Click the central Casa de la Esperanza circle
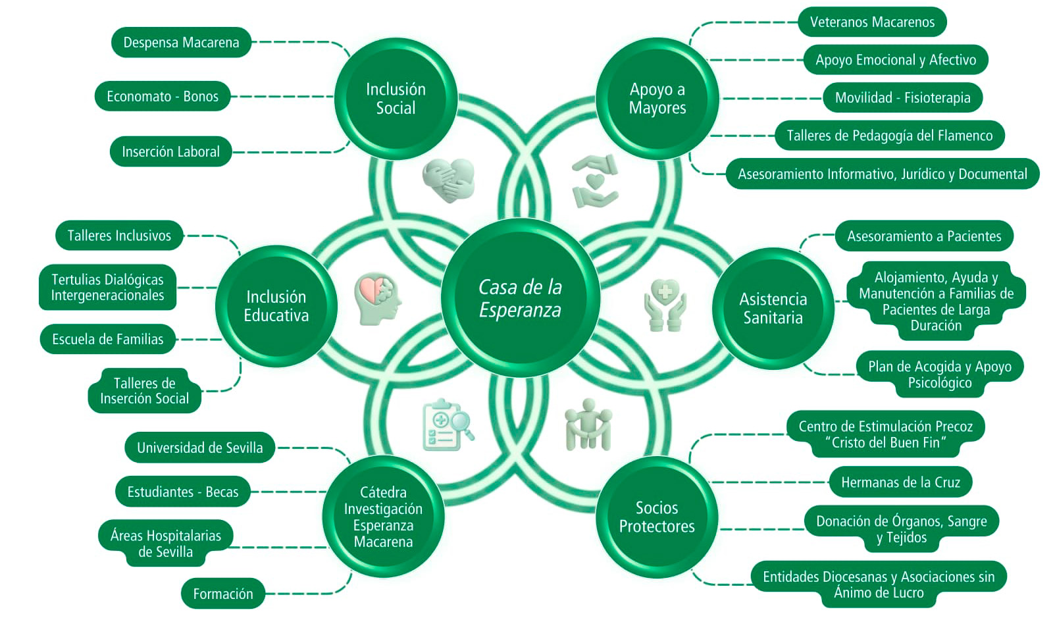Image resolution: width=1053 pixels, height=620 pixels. (x=520, y=298)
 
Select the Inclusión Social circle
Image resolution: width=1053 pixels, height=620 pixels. (x=396, y=99)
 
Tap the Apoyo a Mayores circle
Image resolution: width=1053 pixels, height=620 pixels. (x=657, y=99)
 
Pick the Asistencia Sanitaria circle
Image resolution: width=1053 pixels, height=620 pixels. (x=773, y=308)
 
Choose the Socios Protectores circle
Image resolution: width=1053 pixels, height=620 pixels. (x=656, y=517)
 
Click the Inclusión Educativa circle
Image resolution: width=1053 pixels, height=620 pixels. (x=276, y=306)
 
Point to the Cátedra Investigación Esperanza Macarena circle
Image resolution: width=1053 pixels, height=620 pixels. (x=383, y=517)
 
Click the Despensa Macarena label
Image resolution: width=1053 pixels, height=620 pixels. (x=181, y=43)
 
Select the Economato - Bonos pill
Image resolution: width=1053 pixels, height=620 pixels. (x=163, y=97)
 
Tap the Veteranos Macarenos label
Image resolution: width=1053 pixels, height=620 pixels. (x=872, y=22)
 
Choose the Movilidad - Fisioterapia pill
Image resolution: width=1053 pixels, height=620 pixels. (x=902, y=97)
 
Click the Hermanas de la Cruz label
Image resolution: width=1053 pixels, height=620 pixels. (x=900, y=482)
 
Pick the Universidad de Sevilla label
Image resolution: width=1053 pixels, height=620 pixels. (x=199, y=448)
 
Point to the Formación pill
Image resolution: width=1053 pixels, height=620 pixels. (x=222, y=594)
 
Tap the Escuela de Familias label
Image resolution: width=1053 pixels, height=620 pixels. (x=108, y=339)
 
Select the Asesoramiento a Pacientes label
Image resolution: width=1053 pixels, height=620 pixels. (x=924, y=236)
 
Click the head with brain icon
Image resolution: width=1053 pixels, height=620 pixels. (x=377, y=299)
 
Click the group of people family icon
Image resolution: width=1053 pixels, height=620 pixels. (x=588, y=425)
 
